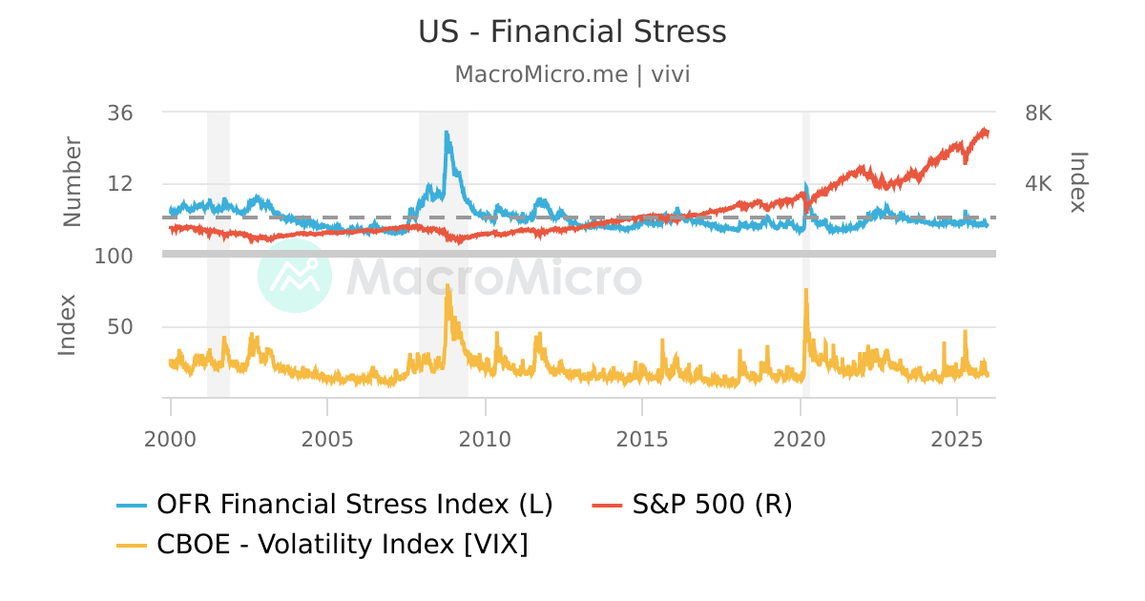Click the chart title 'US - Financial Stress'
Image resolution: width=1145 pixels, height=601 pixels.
572,31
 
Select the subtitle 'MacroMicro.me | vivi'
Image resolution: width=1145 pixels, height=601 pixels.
572,74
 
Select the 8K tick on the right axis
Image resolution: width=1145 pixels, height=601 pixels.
1038,113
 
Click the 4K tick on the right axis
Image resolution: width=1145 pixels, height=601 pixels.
1038,184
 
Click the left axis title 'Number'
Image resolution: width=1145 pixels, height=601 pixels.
73,182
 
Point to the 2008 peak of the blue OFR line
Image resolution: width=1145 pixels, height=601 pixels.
447,134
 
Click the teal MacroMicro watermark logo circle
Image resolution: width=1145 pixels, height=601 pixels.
295,276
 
